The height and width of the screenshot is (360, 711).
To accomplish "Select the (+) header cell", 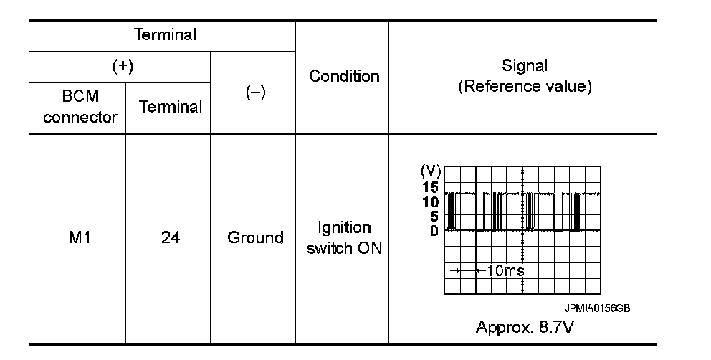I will tap(123, 66).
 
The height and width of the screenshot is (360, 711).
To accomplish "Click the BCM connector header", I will tap(80, 107).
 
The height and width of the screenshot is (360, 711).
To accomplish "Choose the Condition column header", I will tap(344, 76).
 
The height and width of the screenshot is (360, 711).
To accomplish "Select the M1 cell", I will tap(80, 237).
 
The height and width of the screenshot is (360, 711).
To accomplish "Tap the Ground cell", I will tap(255, 237).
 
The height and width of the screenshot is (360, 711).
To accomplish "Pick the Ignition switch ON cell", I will tap(344, 238).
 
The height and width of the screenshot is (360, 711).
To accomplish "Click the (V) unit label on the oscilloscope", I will tap(430, 172).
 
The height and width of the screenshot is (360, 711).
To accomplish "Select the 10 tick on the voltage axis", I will tap(430, 202).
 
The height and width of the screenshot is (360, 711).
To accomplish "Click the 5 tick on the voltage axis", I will tap(434, 217).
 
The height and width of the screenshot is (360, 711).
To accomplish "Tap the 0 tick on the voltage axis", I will tap(434, 230).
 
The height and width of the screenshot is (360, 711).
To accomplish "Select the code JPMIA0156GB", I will tap(597, 308).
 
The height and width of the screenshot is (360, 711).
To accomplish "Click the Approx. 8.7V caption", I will tap(525, 327).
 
